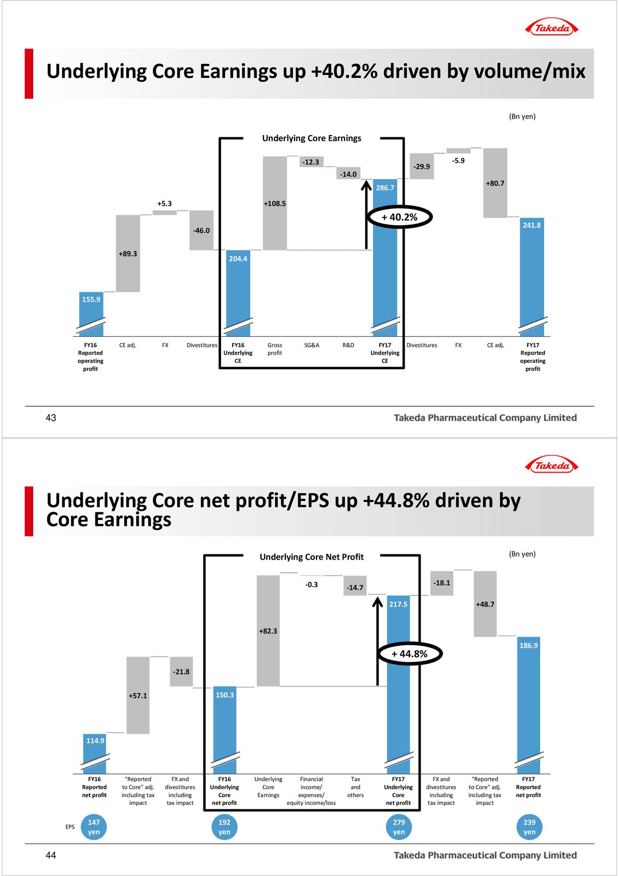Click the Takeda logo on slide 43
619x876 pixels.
[551, 28]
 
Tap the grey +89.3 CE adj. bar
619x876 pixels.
[128, 253]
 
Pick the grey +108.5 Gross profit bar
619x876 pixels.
[275, 203]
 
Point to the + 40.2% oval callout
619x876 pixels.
[399, 217]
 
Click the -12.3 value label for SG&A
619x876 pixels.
[310, 162]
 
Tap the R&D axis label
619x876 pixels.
[348, 345]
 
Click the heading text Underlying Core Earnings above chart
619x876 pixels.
[311, 138]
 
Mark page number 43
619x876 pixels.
[51, 418]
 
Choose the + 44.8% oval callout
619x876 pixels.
[409, 654]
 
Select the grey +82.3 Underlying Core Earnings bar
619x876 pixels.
[268, 631]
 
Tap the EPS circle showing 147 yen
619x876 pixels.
[94, 827]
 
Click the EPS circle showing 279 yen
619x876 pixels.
[398, 827]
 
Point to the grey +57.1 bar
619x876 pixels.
[138, 696]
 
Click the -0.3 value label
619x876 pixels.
[311, 585]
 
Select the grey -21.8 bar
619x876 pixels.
[181, 671]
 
